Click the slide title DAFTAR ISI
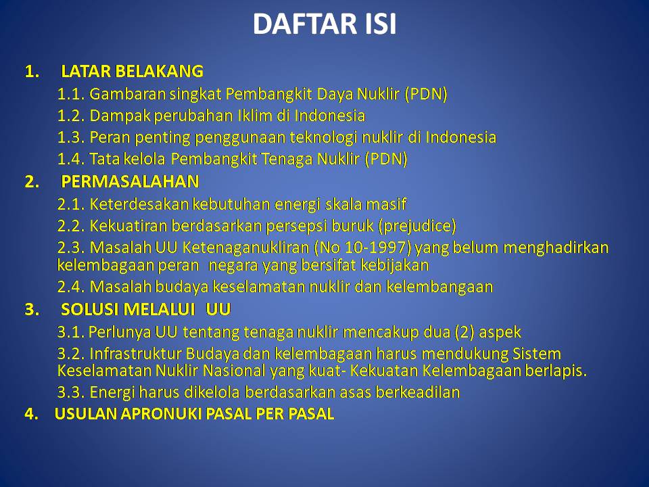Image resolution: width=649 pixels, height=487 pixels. tap(324, 24)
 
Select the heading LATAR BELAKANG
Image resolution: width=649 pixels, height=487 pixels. tap(132, 71)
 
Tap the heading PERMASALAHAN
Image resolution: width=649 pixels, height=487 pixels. tap(130, 181)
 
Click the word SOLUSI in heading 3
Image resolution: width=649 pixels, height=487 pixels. tap(87, 309)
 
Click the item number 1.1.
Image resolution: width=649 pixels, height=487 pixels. tap(71, 94)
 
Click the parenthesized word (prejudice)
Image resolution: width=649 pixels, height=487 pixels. tap(417, 226)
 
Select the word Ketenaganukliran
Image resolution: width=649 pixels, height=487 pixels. tap(246, 248)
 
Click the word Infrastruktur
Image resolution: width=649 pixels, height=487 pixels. tap(135, 354)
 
